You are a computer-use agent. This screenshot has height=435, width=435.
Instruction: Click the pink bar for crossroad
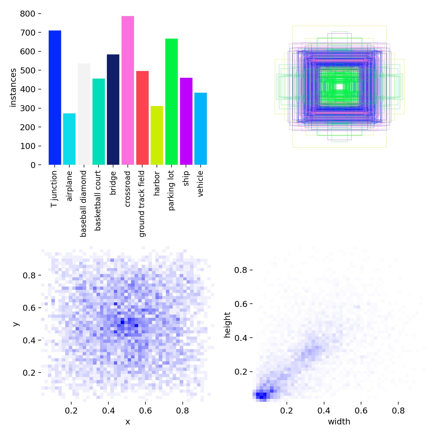pos(128,90)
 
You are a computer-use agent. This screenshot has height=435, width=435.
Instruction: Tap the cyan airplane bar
pos(69,139)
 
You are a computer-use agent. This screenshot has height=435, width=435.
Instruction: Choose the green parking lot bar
pos(171,102)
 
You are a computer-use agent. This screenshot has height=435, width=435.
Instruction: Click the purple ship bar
pos(186,121)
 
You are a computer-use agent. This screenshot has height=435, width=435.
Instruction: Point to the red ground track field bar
pos(142,118)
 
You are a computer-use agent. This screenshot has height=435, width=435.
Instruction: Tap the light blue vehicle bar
pos(201,129)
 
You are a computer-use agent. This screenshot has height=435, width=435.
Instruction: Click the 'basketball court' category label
pos(98,201)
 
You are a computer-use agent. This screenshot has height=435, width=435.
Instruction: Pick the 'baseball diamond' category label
pos(83,204)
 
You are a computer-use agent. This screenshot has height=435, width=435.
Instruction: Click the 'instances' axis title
pos(13,88)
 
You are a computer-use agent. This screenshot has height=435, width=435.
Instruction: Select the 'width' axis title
pos(339,422)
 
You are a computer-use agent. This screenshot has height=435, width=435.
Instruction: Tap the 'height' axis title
pos(227,325)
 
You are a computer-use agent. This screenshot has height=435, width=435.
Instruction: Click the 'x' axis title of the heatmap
pos(128,422)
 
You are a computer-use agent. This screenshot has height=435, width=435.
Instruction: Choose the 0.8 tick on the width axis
pos(398,411)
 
